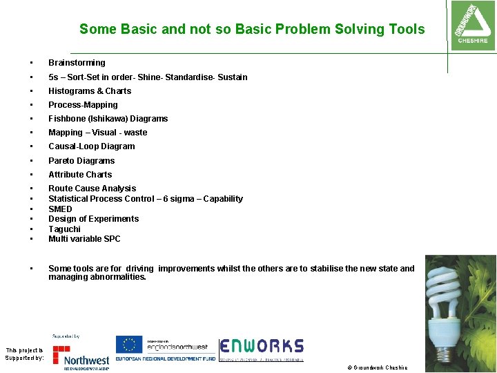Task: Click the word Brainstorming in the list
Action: [77, 63]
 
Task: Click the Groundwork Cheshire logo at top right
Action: [471, 26]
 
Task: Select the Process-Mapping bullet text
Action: [83, 105]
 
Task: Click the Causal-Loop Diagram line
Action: [91, 146]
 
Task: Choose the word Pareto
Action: [62, 161]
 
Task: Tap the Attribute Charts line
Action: [79, 175]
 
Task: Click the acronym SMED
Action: [60, 209]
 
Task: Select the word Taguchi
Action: [64, 229]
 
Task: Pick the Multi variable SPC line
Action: [84, 239]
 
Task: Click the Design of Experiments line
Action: [93, 219]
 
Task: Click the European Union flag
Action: [128, 344]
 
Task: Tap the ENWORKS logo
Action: [262, 347]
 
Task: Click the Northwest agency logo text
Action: [86, 360]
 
